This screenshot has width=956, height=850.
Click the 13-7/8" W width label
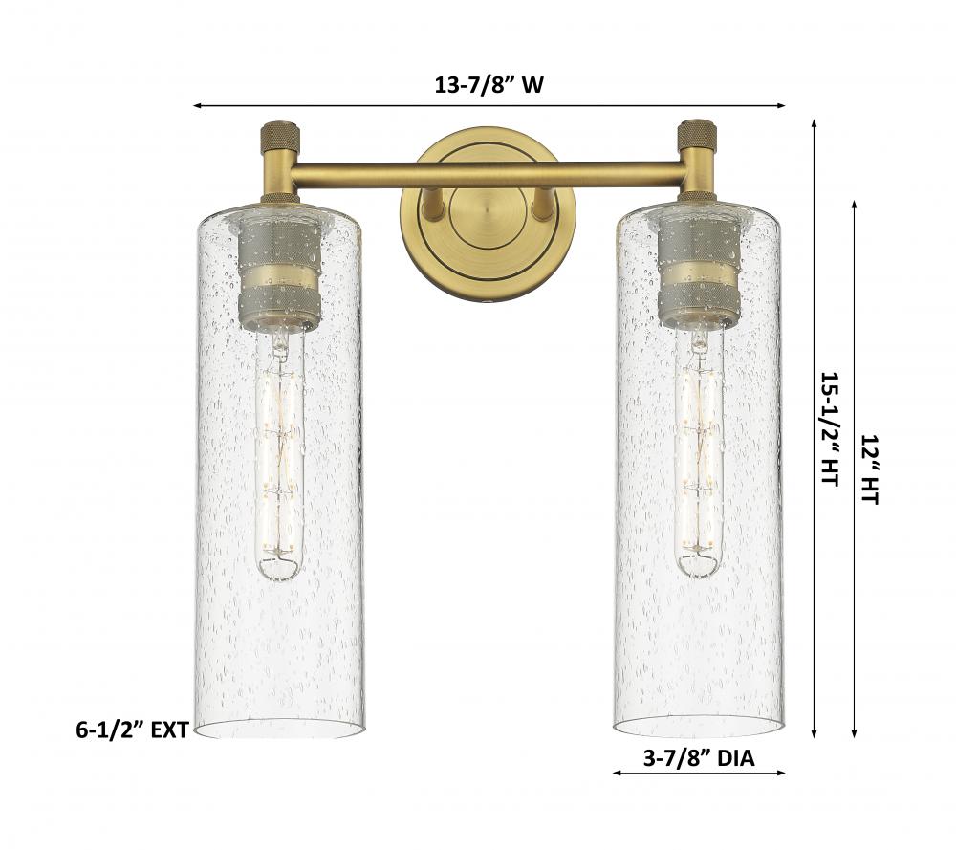(489, 85)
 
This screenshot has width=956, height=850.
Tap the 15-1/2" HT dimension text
(830, 429)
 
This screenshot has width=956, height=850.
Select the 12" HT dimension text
(869, 469)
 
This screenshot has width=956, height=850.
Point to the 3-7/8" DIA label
(699, 758)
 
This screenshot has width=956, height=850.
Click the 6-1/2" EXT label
(132, 730)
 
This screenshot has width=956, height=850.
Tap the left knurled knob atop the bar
(280, 134)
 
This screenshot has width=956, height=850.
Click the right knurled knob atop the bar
(700, 134)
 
